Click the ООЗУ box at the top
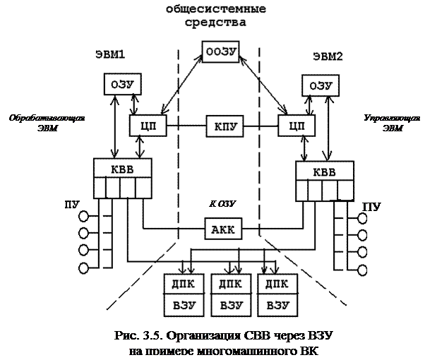[222, 52]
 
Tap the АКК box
[224, 229]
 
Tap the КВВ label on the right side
[324, 172]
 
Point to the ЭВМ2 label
[326, 56]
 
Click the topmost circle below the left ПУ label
[85, 216]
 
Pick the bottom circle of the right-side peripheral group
[363, 269]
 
